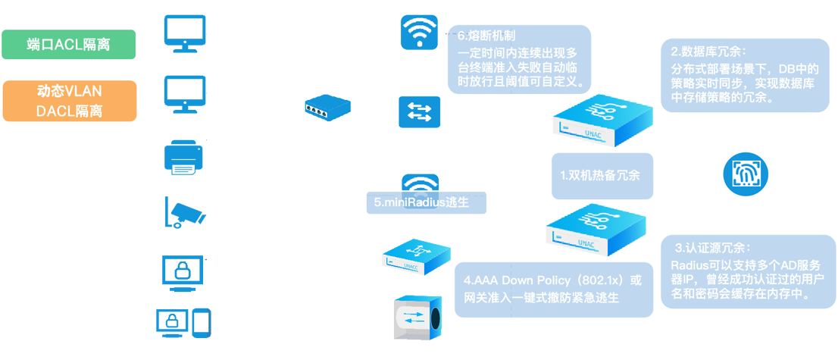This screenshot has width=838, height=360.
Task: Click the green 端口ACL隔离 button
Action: point(68,45)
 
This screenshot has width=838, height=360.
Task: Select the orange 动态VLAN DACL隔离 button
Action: point(69,102)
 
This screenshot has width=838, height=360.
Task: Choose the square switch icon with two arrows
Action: point(419,114)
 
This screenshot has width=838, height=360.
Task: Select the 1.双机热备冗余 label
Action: point(600,175)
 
